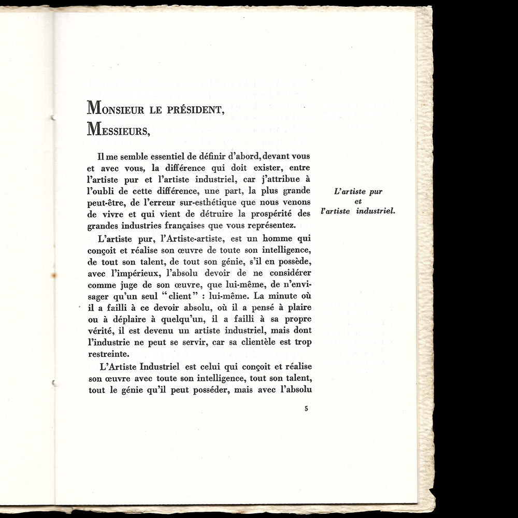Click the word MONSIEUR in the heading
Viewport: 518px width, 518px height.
[121, 110]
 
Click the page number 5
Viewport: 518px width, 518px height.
[306, 409]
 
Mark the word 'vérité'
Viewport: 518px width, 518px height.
[102, 330]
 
